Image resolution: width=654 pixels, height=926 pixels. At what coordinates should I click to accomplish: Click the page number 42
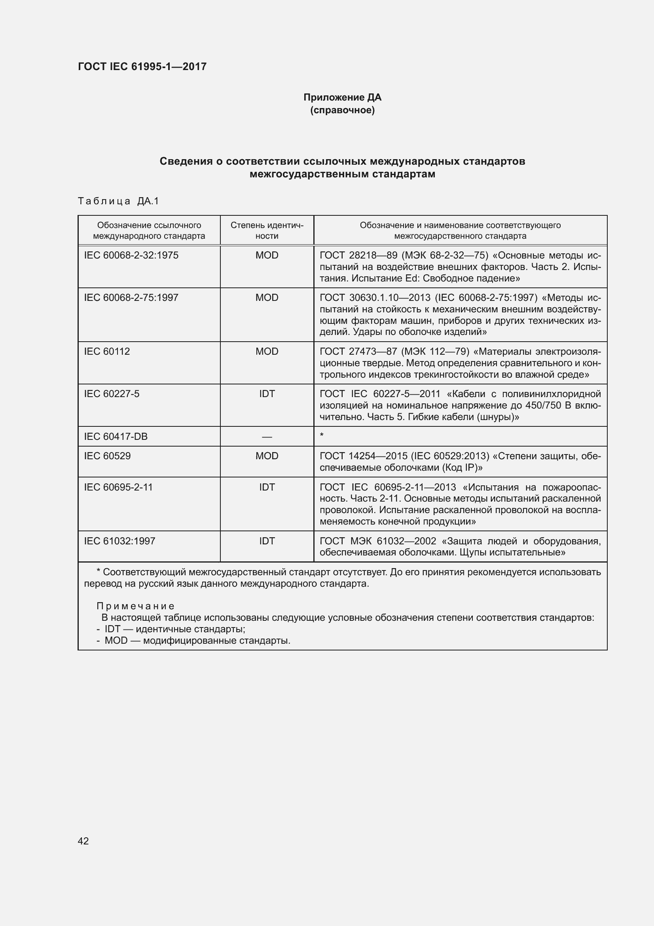[83, 841]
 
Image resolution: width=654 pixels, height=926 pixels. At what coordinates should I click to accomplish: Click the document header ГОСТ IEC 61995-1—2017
[142, 67]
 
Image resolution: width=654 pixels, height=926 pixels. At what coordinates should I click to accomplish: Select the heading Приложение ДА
[342, 97]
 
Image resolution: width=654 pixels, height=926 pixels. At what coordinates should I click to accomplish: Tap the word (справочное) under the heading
[342, 110]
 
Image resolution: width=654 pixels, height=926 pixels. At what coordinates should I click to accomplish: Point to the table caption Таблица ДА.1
[118, 201]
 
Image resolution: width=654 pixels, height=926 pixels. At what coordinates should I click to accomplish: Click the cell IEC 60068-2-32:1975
[131, 255]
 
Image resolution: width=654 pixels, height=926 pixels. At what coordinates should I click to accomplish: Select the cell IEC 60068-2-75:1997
[131, 298]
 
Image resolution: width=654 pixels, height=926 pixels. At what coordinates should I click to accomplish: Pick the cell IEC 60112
[107, 351]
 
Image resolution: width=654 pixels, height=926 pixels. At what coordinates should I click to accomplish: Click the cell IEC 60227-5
[112, 394]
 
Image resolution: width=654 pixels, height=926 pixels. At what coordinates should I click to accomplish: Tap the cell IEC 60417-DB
[116, 436]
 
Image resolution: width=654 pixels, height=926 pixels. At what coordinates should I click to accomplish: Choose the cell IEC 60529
[107, 456]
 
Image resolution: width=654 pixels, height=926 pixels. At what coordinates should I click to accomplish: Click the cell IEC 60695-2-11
[118, 487]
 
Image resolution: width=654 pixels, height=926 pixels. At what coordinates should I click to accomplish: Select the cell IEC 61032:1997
[119, 541]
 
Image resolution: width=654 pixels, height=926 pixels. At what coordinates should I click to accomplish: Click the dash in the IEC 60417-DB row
[267, 437]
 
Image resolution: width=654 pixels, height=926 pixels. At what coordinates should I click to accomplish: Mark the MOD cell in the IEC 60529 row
[267, 456]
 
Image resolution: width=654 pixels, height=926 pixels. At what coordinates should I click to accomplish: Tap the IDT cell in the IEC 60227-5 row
[267, 394]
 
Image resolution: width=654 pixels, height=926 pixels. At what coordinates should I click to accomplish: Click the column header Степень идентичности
[267, 230]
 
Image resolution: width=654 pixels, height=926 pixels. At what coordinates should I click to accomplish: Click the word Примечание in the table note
[135, 606]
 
